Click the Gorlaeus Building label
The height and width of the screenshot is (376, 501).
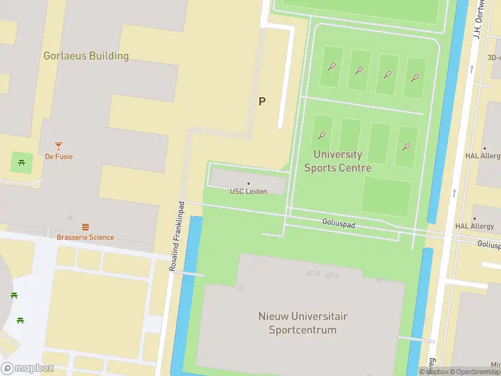point(86,56)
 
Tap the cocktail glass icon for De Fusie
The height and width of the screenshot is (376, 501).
point(59,145)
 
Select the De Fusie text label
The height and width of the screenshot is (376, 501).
point(59,157)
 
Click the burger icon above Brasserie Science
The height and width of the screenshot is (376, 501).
point(85,227)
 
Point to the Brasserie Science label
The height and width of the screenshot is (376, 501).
point(85,238)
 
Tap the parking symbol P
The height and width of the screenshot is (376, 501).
point(262,101)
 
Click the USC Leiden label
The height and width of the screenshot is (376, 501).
point(249,191)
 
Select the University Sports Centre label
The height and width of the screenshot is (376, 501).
point(338,161)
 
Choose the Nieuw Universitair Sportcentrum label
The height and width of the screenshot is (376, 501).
point(302,323)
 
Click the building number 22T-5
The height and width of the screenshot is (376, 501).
point(313,274)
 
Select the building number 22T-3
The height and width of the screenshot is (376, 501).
point(331,276)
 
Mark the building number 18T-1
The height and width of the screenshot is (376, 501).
point(381,280)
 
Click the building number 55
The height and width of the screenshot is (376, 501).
point(70,218)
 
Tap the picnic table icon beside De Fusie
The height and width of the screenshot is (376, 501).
point(22,164)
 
